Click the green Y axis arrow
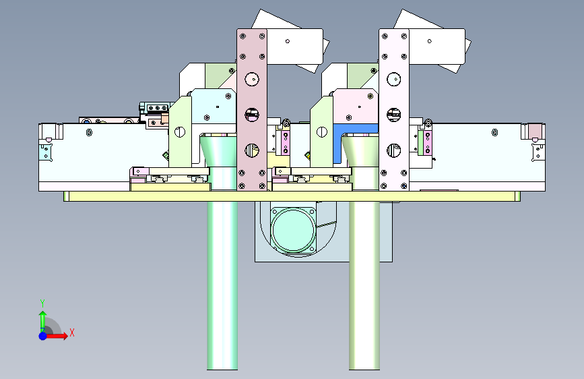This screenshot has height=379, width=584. click(43, 320)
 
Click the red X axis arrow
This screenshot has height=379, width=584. click(56, 336)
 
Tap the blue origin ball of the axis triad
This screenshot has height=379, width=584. click(43, 336)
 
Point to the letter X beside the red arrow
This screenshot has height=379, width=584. click(72, 332)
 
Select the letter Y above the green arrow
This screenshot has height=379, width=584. click(42, 303)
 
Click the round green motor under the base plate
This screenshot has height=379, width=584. click(293, 229)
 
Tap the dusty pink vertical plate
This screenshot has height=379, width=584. click(252, 110)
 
